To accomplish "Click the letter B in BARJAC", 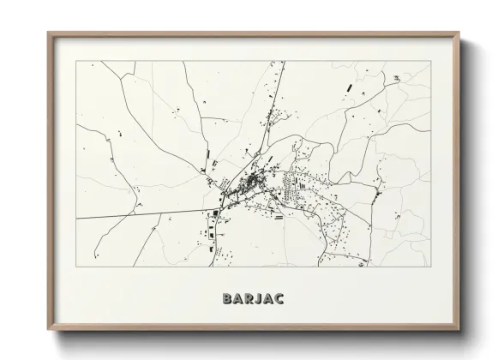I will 227,299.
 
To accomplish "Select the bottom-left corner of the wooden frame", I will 49,331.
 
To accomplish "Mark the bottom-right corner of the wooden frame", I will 459,331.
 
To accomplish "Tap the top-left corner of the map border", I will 76,61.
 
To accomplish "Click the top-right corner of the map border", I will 430,61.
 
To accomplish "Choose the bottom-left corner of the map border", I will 76,267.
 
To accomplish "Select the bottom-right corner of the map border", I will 430,267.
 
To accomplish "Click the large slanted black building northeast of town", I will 348,87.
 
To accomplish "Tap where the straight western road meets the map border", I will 76,218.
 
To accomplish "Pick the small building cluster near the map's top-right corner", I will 397,79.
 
